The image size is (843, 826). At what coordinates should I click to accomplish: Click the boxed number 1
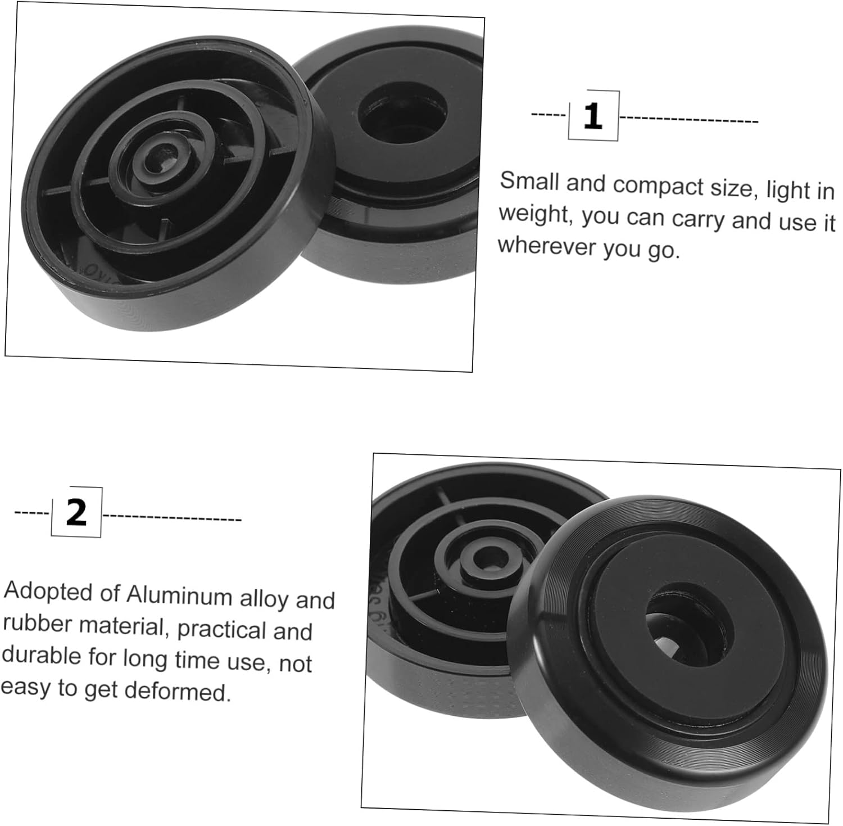(x=593, y=116)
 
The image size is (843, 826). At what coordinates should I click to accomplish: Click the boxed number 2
(x=76, y=512)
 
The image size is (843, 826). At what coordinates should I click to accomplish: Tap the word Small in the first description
(x=530, y=181)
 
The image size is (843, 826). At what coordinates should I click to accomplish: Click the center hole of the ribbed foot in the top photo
(x=159, y=159)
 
